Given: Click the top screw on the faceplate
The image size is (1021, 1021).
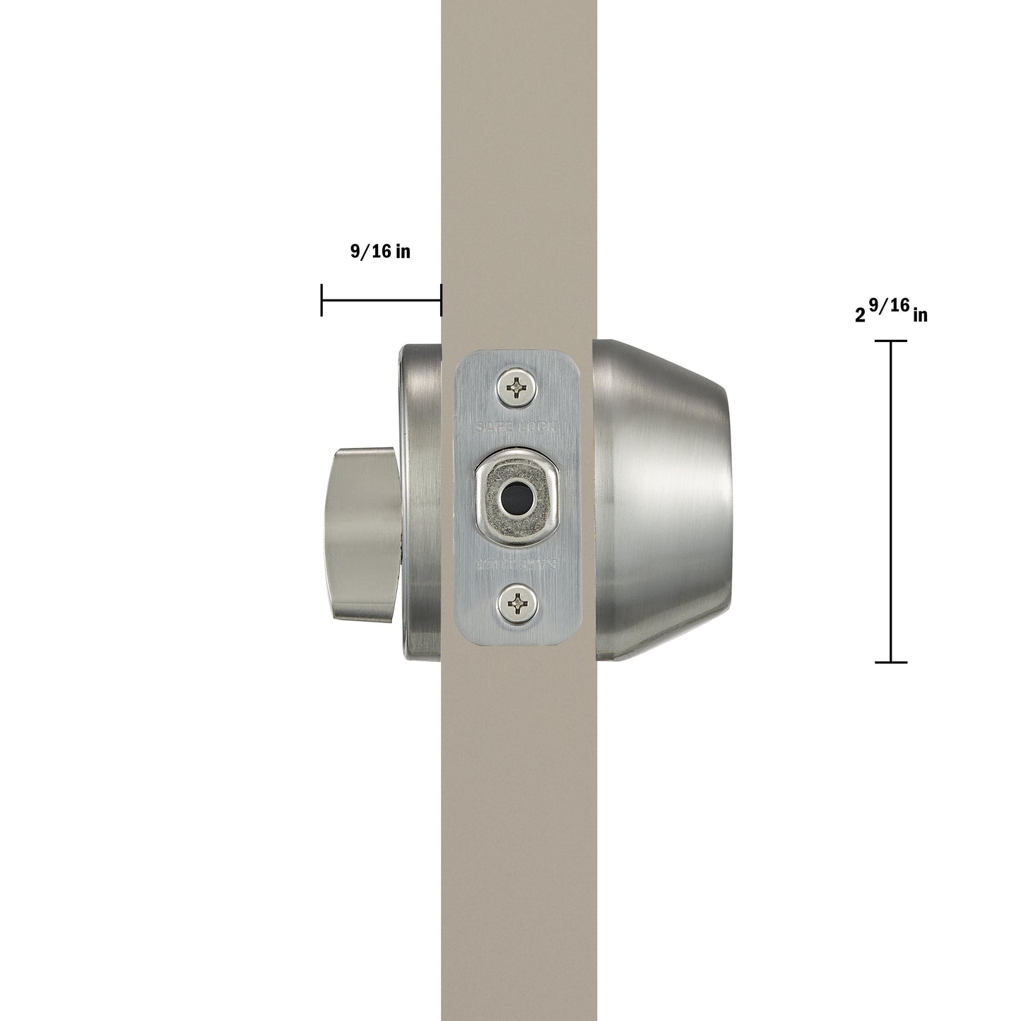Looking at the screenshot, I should [517, 388].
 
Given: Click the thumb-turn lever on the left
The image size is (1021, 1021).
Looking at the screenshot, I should [362, 534].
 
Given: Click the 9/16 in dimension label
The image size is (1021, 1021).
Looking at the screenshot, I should [380, 252].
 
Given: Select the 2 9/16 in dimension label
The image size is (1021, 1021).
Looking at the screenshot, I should [890, 311].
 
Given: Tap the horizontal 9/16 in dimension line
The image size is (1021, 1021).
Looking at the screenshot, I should [382, 300].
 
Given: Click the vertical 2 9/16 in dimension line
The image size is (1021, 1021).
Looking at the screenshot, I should [890, 502].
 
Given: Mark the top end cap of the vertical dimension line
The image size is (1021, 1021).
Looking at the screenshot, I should [890, 341].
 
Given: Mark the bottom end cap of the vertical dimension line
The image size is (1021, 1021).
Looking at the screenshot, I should [890, 662].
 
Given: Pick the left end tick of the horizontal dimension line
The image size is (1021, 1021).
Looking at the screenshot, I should [322, 300].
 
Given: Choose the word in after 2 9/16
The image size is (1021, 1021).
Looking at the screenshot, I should [919, 315].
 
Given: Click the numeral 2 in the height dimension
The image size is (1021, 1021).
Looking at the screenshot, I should [860, 316].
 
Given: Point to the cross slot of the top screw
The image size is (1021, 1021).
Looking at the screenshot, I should [517, 388].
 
